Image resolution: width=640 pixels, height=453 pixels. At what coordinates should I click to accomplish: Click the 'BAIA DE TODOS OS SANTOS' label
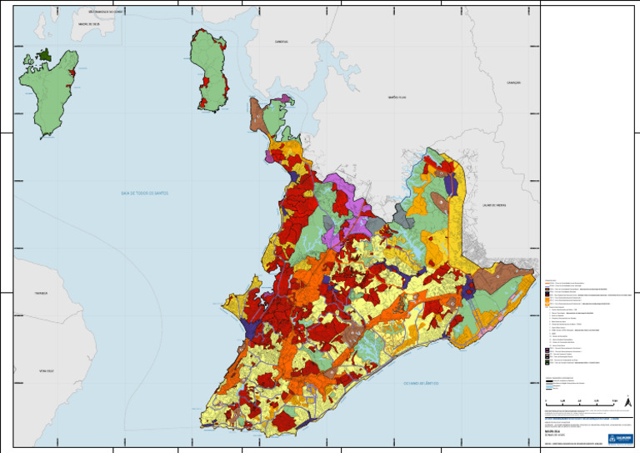[x=144, y=193]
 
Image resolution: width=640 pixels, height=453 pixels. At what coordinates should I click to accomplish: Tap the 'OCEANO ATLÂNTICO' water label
[x=420, y=383]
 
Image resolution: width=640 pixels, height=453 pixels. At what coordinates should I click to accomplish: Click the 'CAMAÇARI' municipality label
[x=513, y=83]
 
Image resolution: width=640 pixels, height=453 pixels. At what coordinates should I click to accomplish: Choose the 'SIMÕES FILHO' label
[x=396, y=98]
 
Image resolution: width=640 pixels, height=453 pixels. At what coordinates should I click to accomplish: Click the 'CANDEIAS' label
[x=281, y=41]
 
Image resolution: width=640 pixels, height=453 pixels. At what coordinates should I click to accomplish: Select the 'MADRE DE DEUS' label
[x=89, y=24]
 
